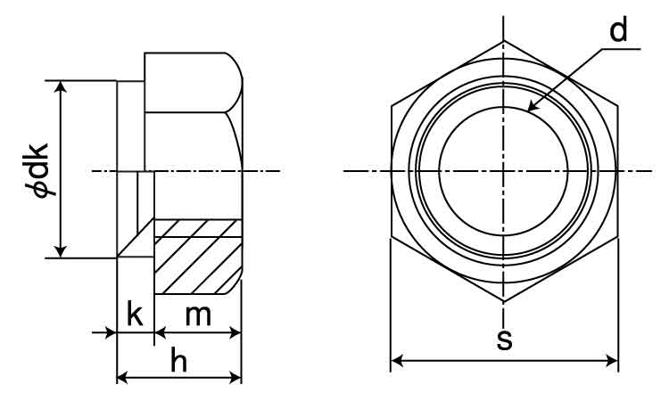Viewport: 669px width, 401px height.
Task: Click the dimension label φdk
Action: [x=42, y=168]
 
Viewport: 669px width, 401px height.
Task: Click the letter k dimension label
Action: [x=135, y=315]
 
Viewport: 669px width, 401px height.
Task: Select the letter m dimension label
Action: [x=197, y=315]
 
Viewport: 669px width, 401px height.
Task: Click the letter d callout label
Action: [x=618, y=30]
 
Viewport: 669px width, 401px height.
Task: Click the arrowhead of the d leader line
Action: [x=531, y=108]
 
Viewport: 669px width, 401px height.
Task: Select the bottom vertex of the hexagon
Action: [x=504, y=302]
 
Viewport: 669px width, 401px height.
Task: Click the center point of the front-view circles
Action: [x=504, y=170]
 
